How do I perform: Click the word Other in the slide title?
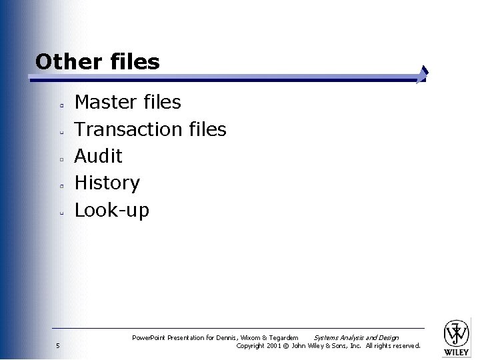point(66,62)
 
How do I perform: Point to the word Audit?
point(98,156)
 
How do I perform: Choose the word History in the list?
point(107,183)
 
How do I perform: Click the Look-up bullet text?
point(111,210)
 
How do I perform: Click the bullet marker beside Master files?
point(60,105)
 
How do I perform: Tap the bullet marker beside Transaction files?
point(60,132)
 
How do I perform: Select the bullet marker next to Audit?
point(60,159)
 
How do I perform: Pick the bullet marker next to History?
point(60,186)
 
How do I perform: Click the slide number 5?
point(58,345)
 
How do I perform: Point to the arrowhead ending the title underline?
point(422,74)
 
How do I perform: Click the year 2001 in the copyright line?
point(273,345)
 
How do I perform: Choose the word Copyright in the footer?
point(251,345)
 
